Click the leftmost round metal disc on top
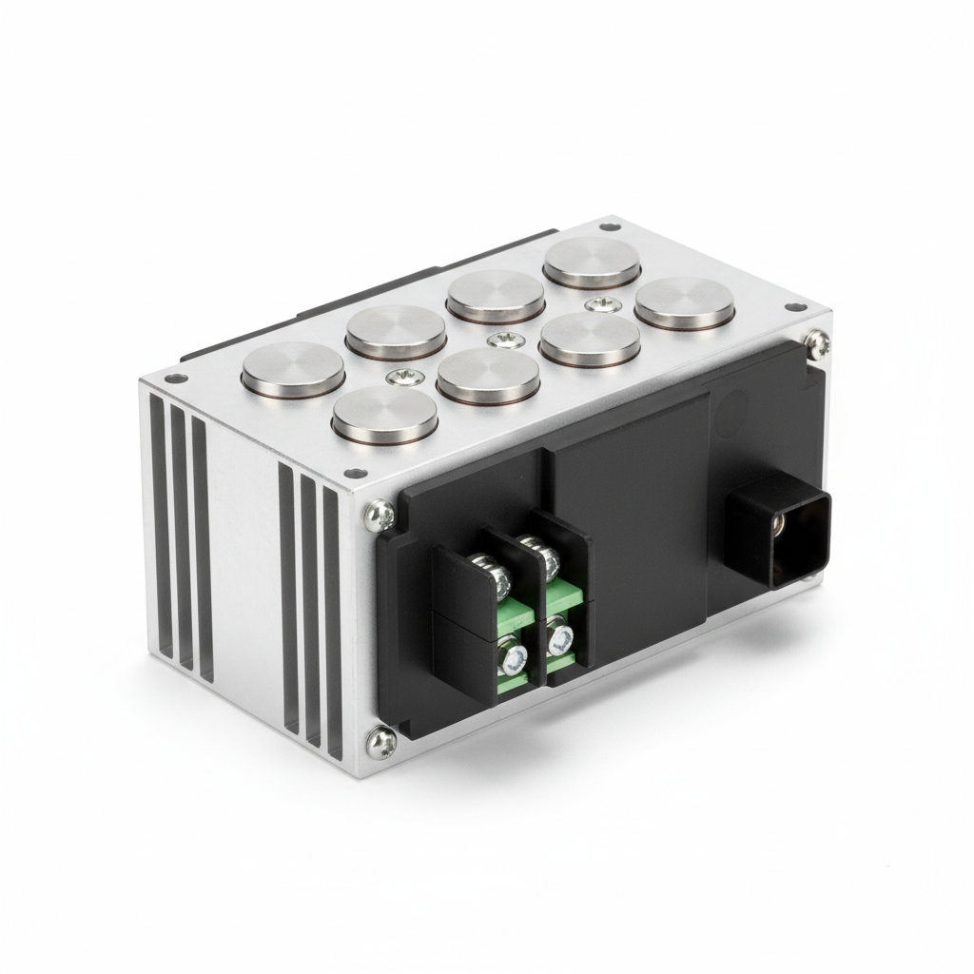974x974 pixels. point(293,367)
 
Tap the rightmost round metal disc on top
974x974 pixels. point(686,302)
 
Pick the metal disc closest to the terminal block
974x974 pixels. point(385,417)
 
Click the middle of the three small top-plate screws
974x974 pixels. point(496,340)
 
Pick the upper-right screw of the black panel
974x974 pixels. point(814,342)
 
